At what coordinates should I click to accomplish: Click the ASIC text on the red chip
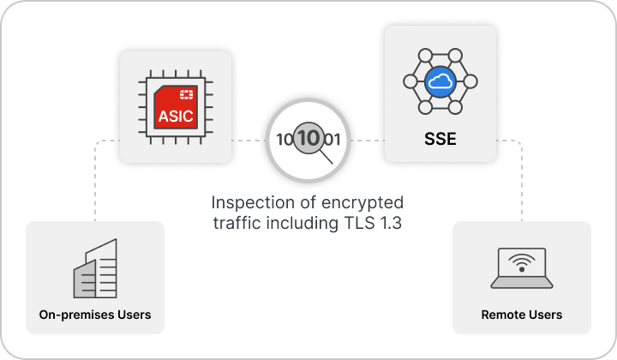click(x=176, y=116)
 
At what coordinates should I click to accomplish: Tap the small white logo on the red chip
click(x=186, y=94)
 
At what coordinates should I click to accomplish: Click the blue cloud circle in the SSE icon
click(x=440, y=81)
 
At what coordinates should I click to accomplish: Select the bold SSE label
click(x=440, y=139)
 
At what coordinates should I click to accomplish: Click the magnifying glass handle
click(x=326, y=157)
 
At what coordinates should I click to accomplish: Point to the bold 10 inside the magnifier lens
click(x=308, y=138)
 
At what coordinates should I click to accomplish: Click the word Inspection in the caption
click(x=253, y=203)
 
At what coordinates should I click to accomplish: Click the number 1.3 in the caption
click(x=391, y=223)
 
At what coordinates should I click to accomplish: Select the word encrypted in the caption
click(x=362, y=203)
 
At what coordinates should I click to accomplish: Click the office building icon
click(x=95, y=268)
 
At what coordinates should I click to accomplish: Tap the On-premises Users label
click(x=95, y=315)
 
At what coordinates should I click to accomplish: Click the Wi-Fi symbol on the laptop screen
click(x=522, y=262)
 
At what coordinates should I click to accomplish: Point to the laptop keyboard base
click(x=522, y=283)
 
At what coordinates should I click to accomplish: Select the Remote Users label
click(x=522, y=315)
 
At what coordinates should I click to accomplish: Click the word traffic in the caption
click(x=237, y=223)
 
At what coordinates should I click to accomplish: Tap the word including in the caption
click(x=303, y=224)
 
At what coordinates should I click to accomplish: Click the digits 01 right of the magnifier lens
click(x=332, y=140)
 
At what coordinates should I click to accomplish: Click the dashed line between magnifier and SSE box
click(x=368, y=141)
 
